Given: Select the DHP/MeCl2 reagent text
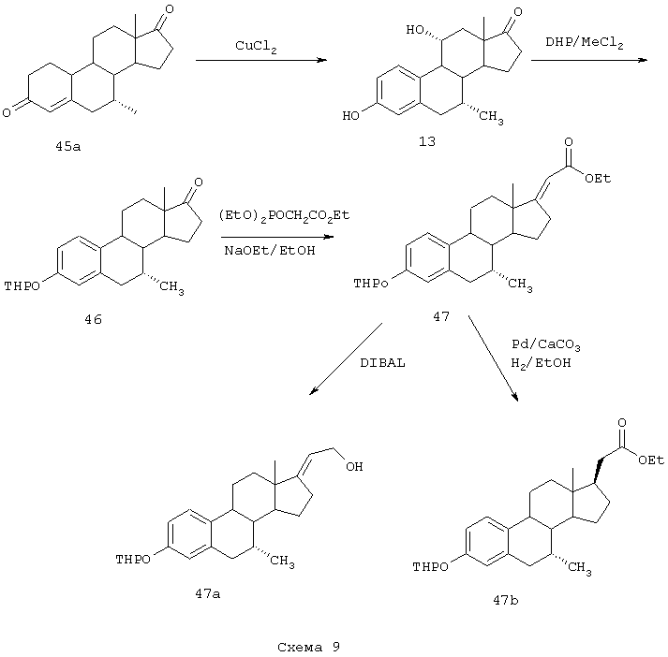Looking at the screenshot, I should tap(585, 41).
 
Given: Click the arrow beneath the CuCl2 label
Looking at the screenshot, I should tap(260, 61).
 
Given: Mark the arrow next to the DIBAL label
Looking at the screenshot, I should tap(344, 360).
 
